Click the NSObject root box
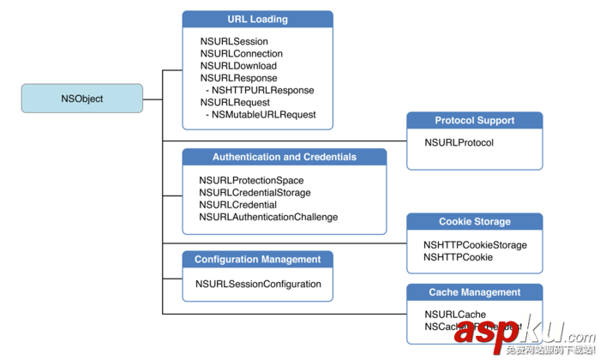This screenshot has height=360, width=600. click(x=82, y=99)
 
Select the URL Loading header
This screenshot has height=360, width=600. click(x=257, y=19)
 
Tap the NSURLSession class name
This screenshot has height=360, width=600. click(x=234, y=41)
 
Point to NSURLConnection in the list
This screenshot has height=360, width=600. click(x=242, y=54)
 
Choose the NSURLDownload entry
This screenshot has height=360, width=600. click(x=238, y=66)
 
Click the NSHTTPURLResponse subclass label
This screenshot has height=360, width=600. click(x=262, y=90)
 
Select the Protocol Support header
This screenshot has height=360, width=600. click(x=474, y=121)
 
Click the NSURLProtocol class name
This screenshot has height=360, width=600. click(x=459, y=142)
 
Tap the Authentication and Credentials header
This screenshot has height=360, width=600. click(x=284, y=157)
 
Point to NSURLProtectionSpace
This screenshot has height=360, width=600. click(x=253, y=181)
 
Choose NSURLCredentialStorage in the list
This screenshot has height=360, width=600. click(x=255, y=193)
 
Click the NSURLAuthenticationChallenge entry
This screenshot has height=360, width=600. click(x=268, y=217)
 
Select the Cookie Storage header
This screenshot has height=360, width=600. click(x=474, y=221)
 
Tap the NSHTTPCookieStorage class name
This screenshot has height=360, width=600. click(x=475, y=245)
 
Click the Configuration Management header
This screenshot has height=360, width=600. click(x=257, y=259)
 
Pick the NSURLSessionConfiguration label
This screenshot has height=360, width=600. click(x=258, y=284)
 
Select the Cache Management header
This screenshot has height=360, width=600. click(x=474, y=292)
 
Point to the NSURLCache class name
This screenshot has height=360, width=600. click(x=454, y=315)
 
